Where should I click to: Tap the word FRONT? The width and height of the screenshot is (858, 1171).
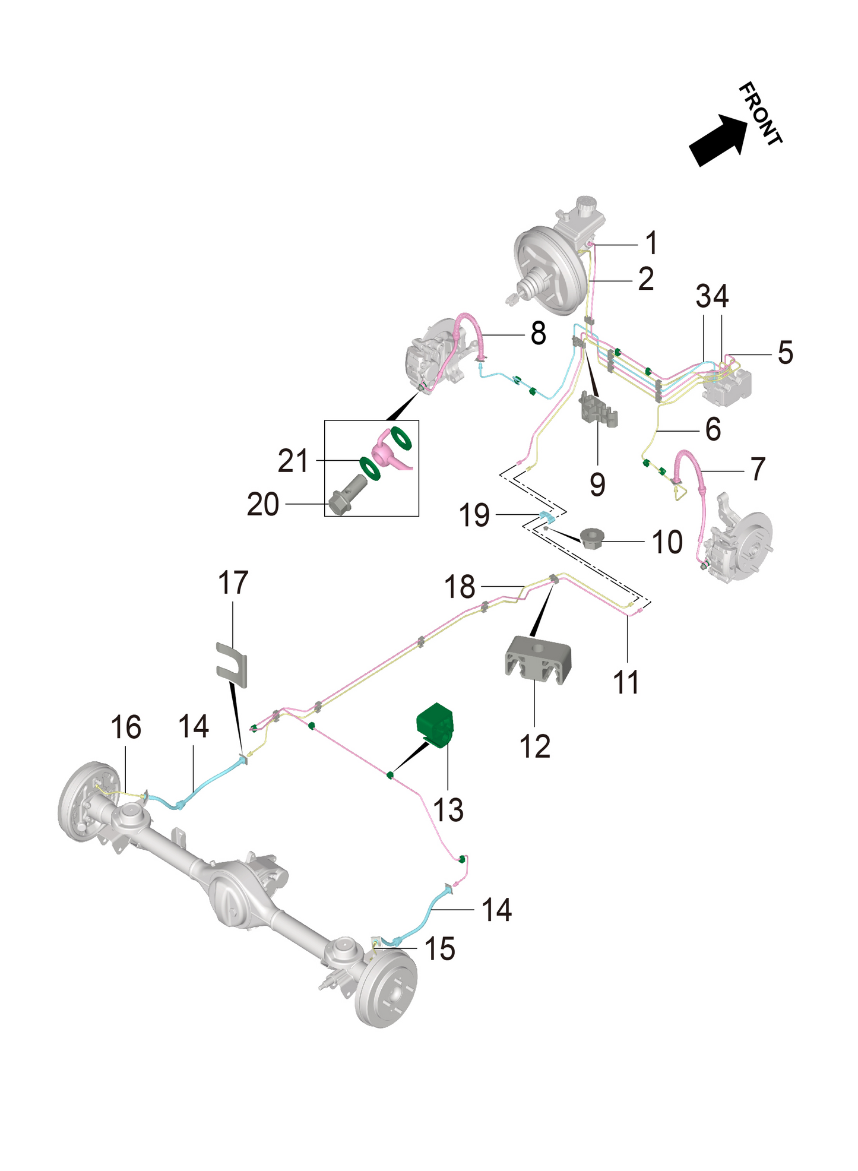click(761, 114)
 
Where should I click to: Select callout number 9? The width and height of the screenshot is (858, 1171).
click(598, 484)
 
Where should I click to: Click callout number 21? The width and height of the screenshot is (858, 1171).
click(293, 461)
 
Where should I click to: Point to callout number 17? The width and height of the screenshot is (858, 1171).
click(233, 583)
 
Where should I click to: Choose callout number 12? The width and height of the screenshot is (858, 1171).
click(535, 746)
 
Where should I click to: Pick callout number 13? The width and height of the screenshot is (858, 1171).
click(448, 809)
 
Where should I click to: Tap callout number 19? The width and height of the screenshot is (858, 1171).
click(474, 515)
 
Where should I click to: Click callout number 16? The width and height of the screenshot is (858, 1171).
click(126, 727)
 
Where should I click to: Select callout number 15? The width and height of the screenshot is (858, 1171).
click(440, 949)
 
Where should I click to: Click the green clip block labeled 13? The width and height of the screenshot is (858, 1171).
click(436, 723)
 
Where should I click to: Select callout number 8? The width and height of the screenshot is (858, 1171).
click(538, 334)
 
